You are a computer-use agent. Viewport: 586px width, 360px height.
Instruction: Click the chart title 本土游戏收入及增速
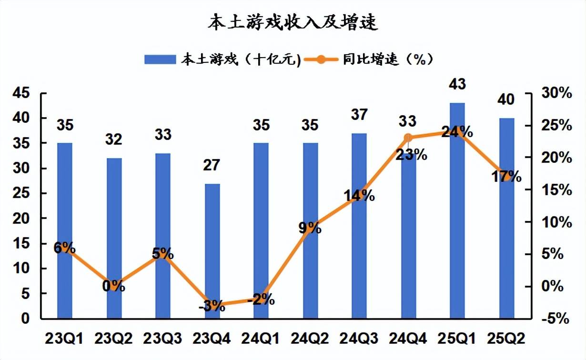(293, 22)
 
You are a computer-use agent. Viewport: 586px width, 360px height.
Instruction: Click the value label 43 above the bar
(457, 85)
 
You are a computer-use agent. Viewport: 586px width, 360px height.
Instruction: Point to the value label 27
(212, 165)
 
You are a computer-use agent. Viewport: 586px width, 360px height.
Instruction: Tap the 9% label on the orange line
(310, 228)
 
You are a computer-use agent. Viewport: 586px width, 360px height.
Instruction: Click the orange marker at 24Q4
(408, 138)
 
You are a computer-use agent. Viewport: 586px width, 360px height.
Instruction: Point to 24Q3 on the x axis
(359, 339)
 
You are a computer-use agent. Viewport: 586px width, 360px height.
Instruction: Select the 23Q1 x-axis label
(64, 339)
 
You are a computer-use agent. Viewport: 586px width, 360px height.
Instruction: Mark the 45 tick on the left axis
(22, 93)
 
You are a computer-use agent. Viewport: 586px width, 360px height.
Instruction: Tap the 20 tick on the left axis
(22, 219)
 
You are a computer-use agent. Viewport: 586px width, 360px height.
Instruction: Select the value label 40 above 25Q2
(506, 100)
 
